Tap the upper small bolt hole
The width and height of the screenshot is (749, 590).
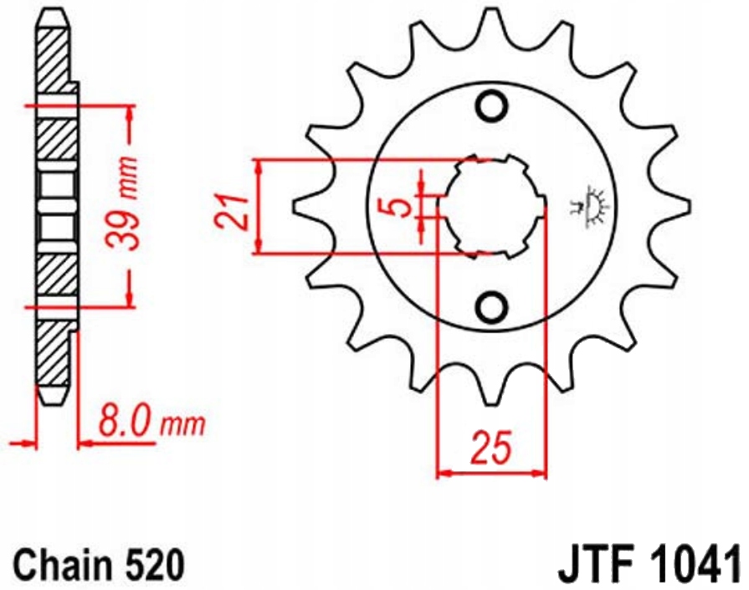[491, 105]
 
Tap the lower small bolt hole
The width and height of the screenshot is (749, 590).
[491, 306]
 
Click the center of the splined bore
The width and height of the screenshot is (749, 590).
[490, 206]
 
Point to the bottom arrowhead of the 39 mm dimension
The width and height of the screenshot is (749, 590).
[130, 296]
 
